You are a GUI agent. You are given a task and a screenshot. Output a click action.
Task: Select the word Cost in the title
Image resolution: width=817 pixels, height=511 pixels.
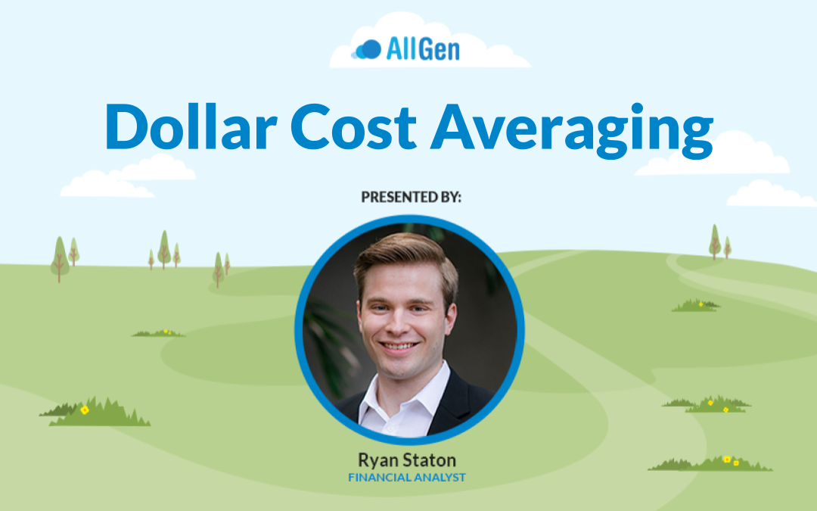(353, 126)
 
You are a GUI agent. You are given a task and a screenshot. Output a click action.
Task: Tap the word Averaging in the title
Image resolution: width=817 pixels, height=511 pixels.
(572, 130)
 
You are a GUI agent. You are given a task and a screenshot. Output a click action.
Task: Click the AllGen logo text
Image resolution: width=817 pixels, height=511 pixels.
(423, 49)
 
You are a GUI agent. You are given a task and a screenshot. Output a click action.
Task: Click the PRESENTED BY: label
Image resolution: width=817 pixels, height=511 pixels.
(411, 197)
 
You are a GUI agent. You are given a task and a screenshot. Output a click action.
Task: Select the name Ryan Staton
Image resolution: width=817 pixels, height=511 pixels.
(407, 460)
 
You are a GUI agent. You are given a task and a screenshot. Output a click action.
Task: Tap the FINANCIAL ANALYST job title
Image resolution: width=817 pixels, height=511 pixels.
(407, 477)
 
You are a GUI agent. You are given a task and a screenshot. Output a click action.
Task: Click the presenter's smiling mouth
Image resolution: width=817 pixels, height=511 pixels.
(399, 345)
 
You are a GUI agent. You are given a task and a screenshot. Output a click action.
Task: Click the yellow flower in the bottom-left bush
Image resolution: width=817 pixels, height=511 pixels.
(85, 410)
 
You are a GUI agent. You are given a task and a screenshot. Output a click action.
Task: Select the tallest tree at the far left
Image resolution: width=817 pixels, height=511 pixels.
(60, 259)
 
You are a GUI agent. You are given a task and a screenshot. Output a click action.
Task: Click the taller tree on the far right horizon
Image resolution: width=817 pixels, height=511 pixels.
(715, 241)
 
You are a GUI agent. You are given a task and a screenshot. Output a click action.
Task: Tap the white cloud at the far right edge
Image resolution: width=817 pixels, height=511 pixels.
(771, 194)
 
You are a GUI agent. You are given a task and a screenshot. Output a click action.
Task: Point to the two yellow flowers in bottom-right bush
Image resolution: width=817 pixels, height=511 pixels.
(731, 461)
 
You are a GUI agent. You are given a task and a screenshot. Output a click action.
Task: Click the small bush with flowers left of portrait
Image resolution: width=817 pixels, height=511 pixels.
(158, 332)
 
